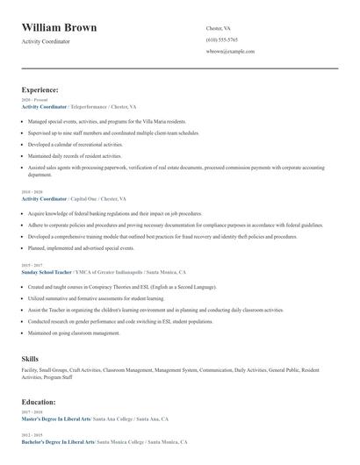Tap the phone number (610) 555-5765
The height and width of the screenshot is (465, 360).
point(221,39)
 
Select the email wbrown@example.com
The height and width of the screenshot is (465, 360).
point(230,52)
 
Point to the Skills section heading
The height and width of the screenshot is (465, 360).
point(30,358)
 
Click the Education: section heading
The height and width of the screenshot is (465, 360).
point(39,401)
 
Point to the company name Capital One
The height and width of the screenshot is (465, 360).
point(86,199)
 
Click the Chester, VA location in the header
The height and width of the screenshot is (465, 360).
point(220,28)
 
